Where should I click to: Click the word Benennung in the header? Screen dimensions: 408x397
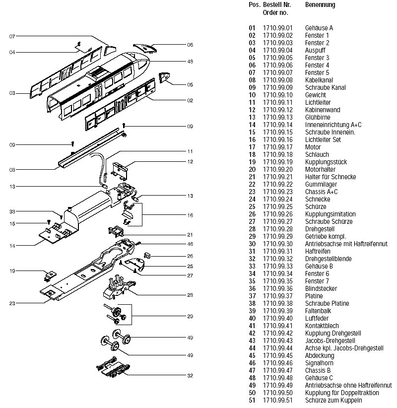(320, 5)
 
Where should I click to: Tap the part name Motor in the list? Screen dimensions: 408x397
(313, 147)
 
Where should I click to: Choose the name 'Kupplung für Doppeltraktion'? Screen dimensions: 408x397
(342, 393)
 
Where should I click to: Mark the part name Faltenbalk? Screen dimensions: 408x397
(318, 311)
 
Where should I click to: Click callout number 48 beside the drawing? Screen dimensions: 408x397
(190, 62)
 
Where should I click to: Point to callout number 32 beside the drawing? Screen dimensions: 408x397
(190, 375)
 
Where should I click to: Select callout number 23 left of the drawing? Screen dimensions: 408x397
(12, 303)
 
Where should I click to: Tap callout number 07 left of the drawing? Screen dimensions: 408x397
(12, 36)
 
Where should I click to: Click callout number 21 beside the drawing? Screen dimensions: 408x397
(190, 234)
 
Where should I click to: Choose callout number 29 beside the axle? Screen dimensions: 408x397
(190, 316)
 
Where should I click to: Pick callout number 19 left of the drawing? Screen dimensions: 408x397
(12, 271)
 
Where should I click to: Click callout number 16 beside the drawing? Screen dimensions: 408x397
(190, 215)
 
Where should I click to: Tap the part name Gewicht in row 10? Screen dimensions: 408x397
(315, 95)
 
